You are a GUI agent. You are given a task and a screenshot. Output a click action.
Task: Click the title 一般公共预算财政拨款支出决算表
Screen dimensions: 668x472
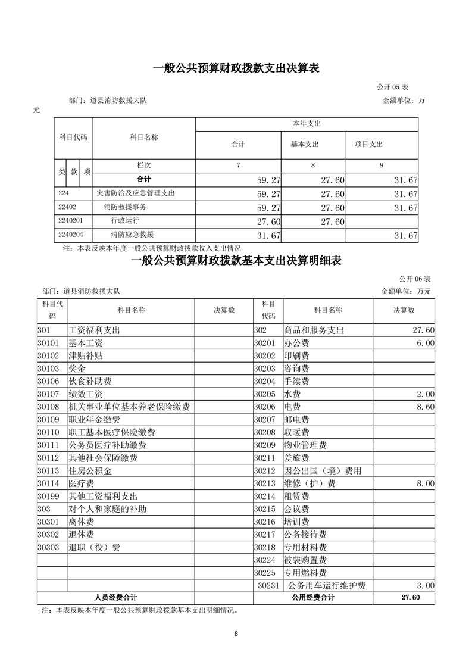pyautogui.click(x=236, y=68)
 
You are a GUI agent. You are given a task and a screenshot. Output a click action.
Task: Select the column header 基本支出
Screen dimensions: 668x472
pyautogui.click(x=305, y=144)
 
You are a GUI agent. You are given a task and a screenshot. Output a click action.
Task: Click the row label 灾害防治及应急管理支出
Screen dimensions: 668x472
pyautogui.click(x=135, y=193)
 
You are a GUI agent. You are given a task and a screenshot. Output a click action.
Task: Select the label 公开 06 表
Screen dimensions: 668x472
pyautogui.click(x=414, y=279)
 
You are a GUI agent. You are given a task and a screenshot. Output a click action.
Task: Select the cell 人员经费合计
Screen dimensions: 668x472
pyautogui.click(x=115, y=598)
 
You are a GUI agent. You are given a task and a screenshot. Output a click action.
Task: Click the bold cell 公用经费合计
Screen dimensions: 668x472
pyautogui.click(x=313, y=598)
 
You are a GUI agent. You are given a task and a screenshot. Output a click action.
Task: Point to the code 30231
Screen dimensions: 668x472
pyautogui.click(x=269, y=586)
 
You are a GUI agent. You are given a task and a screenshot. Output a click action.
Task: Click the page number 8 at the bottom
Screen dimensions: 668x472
pyautogui.click(x=236, y=633)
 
